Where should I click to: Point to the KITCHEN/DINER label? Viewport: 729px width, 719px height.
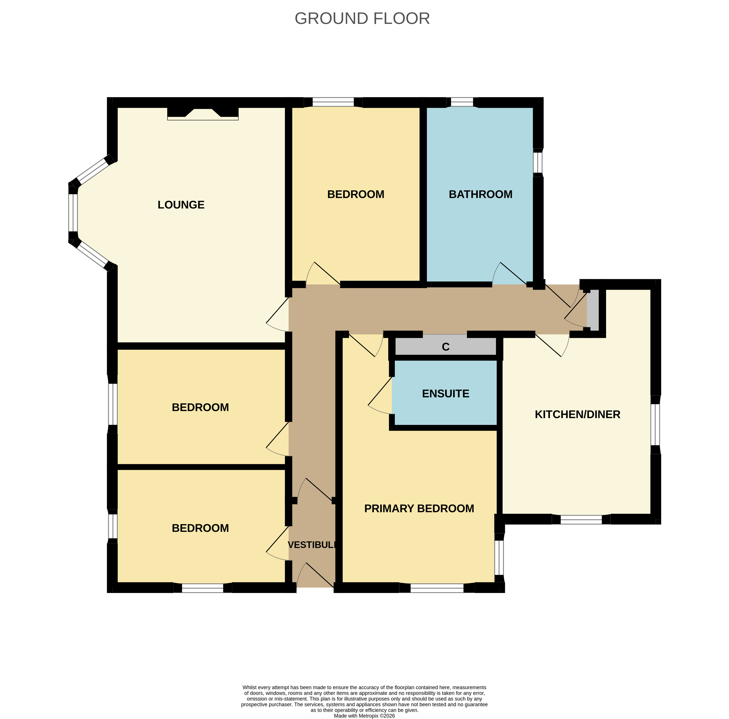coord(577,414)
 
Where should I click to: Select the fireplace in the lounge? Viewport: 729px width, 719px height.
coord(203,113)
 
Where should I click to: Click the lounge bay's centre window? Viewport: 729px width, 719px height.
coord(73,213)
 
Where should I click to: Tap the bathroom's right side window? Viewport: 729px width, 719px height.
coord(538,162)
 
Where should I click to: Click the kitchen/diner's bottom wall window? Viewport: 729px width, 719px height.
coord(581,519)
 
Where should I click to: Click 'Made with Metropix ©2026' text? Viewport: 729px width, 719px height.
coord(364,716)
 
